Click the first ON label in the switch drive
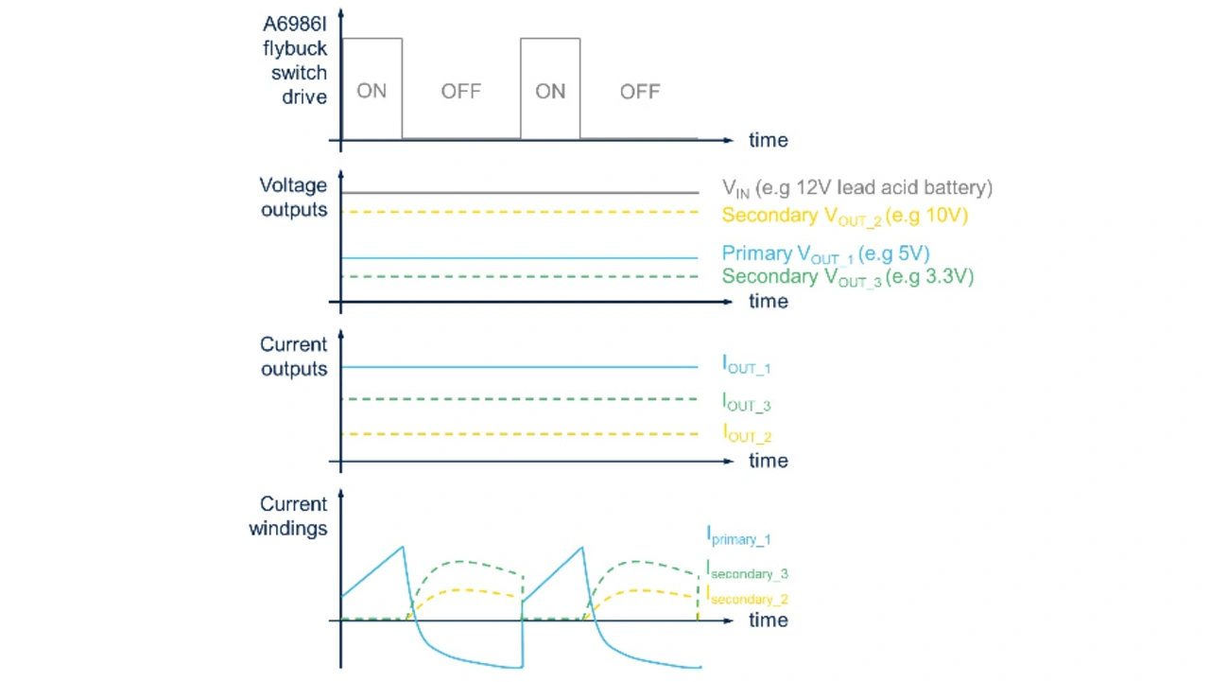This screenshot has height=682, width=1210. pos(372,92)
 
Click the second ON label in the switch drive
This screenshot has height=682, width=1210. pos(550,92)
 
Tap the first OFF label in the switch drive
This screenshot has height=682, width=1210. pos(460,92)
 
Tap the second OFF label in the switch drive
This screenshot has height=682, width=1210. pos(640,92)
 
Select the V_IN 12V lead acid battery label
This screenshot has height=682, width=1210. pos(856,188)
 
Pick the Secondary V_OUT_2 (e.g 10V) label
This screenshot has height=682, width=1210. pos(844,216)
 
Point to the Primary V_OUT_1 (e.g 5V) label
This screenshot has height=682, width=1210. pos(825,254)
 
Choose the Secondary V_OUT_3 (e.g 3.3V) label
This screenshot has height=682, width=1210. pos(847,277)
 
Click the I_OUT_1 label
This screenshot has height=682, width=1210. pos(746,365)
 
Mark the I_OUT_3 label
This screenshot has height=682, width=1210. pos(746,402)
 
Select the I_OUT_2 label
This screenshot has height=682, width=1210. pos(746,434)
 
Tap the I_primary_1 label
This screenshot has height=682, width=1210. pos(738,536)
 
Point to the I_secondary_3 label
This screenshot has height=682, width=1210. pos(747,570)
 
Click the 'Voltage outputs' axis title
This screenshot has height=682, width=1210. pos(293,198)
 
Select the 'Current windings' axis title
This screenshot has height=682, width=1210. pos(288,516)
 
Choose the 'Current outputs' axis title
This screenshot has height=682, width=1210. pos(293,357)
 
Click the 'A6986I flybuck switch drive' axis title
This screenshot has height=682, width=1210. pos(295,60)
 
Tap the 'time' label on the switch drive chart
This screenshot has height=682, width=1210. pos(768,140)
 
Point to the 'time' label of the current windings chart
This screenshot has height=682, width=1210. pos(768,620)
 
